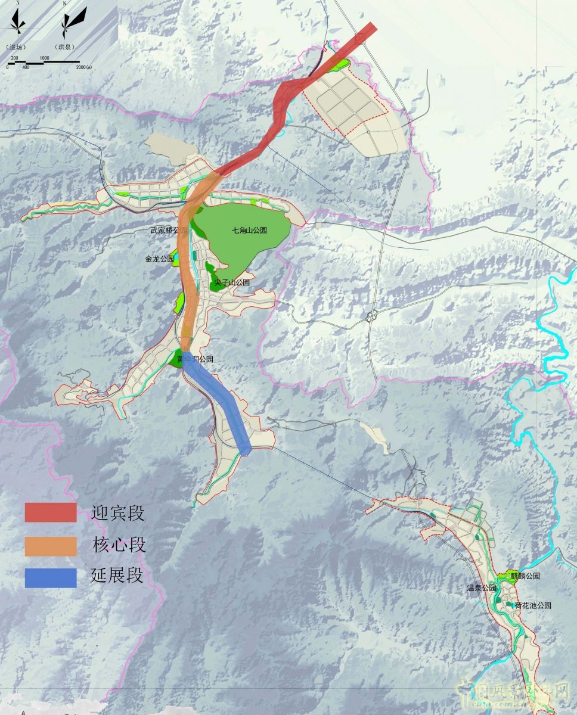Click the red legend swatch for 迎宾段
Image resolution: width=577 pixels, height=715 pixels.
pyautogui.click(x=51, y=512)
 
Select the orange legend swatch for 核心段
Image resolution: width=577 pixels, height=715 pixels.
pyautogui.click(x=51, y=546)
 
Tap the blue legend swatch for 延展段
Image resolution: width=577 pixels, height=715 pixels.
pyautogui.click(x=51, y=578)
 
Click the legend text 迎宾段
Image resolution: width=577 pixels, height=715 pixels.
pyautogui.click(x=118, y=513)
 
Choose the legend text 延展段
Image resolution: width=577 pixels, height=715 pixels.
pyautogui.click(x=117, y=576)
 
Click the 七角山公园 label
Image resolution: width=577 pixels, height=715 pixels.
pyautogui.click(x=249, y=230)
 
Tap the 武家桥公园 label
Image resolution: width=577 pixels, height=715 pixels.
pyautogui.click(x=169, y=230)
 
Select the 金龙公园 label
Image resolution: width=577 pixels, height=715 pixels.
pyautogui.click(x=159, y=259)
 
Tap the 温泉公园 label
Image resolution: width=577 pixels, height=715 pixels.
pyautogui.click(x=481, y=588)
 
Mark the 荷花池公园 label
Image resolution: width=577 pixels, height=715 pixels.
pyautogui.click(x=533, y=605)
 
